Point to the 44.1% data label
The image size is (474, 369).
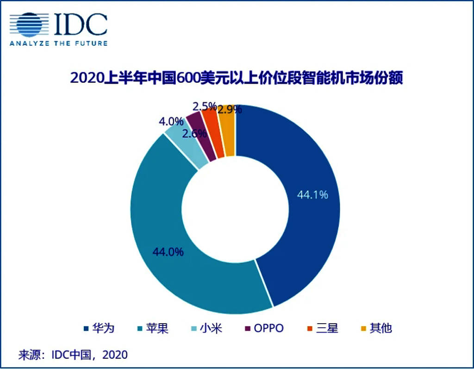click(x=312, y=195)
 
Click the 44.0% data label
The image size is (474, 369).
click(x=168, y=252)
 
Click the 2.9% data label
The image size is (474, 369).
click(x=230, y=110)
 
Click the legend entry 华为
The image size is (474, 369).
click(x=99, y=329)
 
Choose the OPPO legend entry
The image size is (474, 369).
click(x=263, y=329)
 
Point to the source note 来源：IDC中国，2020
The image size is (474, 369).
click(x=73, y=355)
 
